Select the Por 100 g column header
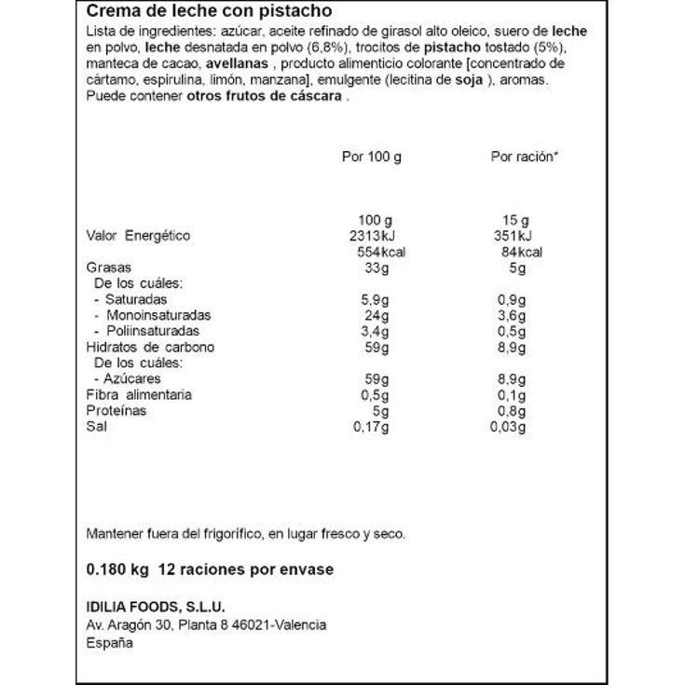(x=372, y=158)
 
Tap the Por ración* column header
(x=524, y=158)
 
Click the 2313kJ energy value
(x=372, y=236)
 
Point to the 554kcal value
(x=377, y=252)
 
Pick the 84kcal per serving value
(x=521, y=252)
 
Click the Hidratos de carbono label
(x=149, y=347)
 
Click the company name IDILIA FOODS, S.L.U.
(x=156, y=607)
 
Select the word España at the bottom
(x=109, y=642)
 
